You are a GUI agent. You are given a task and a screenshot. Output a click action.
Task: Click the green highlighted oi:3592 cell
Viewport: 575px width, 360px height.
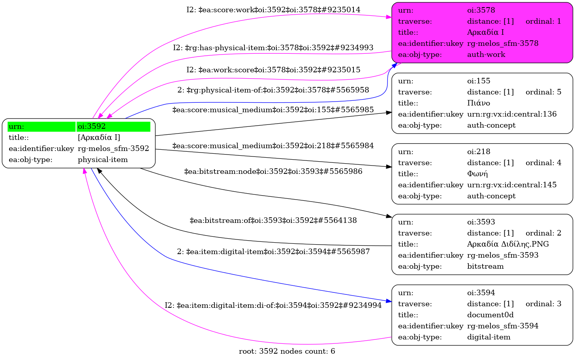[113, 126]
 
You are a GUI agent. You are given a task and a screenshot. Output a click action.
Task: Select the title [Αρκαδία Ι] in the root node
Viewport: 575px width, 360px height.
[99, 138]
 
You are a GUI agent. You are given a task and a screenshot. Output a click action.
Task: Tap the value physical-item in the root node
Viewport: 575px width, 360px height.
[103, 160]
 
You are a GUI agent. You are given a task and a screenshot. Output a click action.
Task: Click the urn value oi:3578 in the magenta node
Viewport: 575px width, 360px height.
[481, 10]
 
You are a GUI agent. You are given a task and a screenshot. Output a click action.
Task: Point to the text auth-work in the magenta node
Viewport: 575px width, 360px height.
[486, 55]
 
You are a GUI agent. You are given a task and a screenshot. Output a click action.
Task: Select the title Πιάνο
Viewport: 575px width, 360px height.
[478, 103]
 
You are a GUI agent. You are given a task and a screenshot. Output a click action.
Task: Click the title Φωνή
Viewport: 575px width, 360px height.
[477, 173]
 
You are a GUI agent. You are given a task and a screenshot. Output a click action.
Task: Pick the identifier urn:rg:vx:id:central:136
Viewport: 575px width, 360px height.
[512, 114]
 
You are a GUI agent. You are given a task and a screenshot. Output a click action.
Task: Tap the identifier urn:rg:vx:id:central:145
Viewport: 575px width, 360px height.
[512, 185]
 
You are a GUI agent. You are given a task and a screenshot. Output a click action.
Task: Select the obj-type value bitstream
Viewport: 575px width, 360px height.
[485, 266]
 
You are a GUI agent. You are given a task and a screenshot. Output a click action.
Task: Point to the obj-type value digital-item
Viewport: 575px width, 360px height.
[489, 337]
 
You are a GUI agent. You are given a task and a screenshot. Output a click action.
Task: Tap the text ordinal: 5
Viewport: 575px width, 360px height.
[543, 92]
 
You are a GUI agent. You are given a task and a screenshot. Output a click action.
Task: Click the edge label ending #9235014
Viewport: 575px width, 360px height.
[273, 10]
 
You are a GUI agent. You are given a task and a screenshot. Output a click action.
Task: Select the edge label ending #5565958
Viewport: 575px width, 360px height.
[273, 90]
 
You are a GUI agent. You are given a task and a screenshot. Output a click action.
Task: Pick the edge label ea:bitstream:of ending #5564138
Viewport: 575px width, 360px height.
[273, 220]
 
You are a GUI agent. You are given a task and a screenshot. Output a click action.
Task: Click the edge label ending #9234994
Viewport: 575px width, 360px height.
[273, 305]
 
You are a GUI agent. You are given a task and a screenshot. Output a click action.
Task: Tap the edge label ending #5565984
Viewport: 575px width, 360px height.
[273, 146]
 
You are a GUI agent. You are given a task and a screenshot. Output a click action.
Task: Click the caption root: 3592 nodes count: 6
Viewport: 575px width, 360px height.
[287, 351]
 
